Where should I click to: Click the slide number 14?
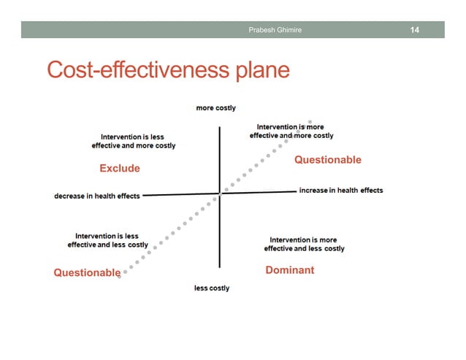coord(414,30)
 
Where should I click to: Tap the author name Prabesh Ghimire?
coord(275,30)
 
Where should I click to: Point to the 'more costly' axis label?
coord(215,108)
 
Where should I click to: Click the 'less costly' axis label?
coord(212,288)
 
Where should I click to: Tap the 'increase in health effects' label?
coord(340,191)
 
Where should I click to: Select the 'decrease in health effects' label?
coord(97,196)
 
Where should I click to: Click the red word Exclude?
coord(119,169)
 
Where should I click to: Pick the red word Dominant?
coord(289,270)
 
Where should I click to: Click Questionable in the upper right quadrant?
coord(327,160)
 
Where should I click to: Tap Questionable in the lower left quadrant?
coord(87,272)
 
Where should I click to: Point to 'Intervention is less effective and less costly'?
coord(107,240)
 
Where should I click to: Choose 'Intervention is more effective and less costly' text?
coord(304,244)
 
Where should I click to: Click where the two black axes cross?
coord(220,193)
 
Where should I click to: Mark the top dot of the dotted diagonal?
coord(311,120)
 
